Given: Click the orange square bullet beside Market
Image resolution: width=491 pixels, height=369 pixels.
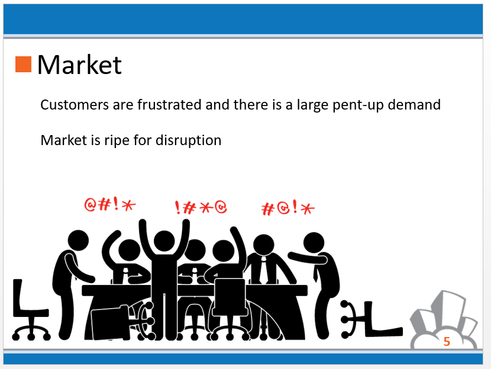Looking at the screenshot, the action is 23,65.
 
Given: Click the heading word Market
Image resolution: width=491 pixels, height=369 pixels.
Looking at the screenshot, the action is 79,65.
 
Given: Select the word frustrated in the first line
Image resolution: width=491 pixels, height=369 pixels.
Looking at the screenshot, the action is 169,104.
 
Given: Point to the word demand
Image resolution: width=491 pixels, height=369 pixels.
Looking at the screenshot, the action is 414,104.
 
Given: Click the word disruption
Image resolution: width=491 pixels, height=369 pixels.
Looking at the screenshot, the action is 188,140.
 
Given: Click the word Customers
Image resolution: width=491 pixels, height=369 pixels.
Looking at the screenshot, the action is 75,105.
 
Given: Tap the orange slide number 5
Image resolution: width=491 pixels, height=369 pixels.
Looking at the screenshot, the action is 447,341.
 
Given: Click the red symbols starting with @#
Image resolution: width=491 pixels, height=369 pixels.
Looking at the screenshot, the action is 110,204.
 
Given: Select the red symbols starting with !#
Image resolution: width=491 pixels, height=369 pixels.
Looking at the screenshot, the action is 201,207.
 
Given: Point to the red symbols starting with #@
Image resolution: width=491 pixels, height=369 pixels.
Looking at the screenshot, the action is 288,208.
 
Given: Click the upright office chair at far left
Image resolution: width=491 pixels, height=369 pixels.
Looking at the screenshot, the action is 30,310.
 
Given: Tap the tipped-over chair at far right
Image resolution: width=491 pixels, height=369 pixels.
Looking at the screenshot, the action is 372,319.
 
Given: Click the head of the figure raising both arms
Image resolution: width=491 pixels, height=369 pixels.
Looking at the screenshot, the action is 164,241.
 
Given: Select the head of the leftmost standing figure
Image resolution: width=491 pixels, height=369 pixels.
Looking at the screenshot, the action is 78,240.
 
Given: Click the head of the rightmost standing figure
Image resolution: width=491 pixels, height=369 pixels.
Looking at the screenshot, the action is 314,243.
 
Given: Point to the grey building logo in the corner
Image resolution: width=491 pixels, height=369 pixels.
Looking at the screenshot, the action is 444,319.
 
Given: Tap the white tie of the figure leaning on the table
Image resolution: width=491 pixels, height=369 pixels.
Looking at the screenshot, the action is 264,269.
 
